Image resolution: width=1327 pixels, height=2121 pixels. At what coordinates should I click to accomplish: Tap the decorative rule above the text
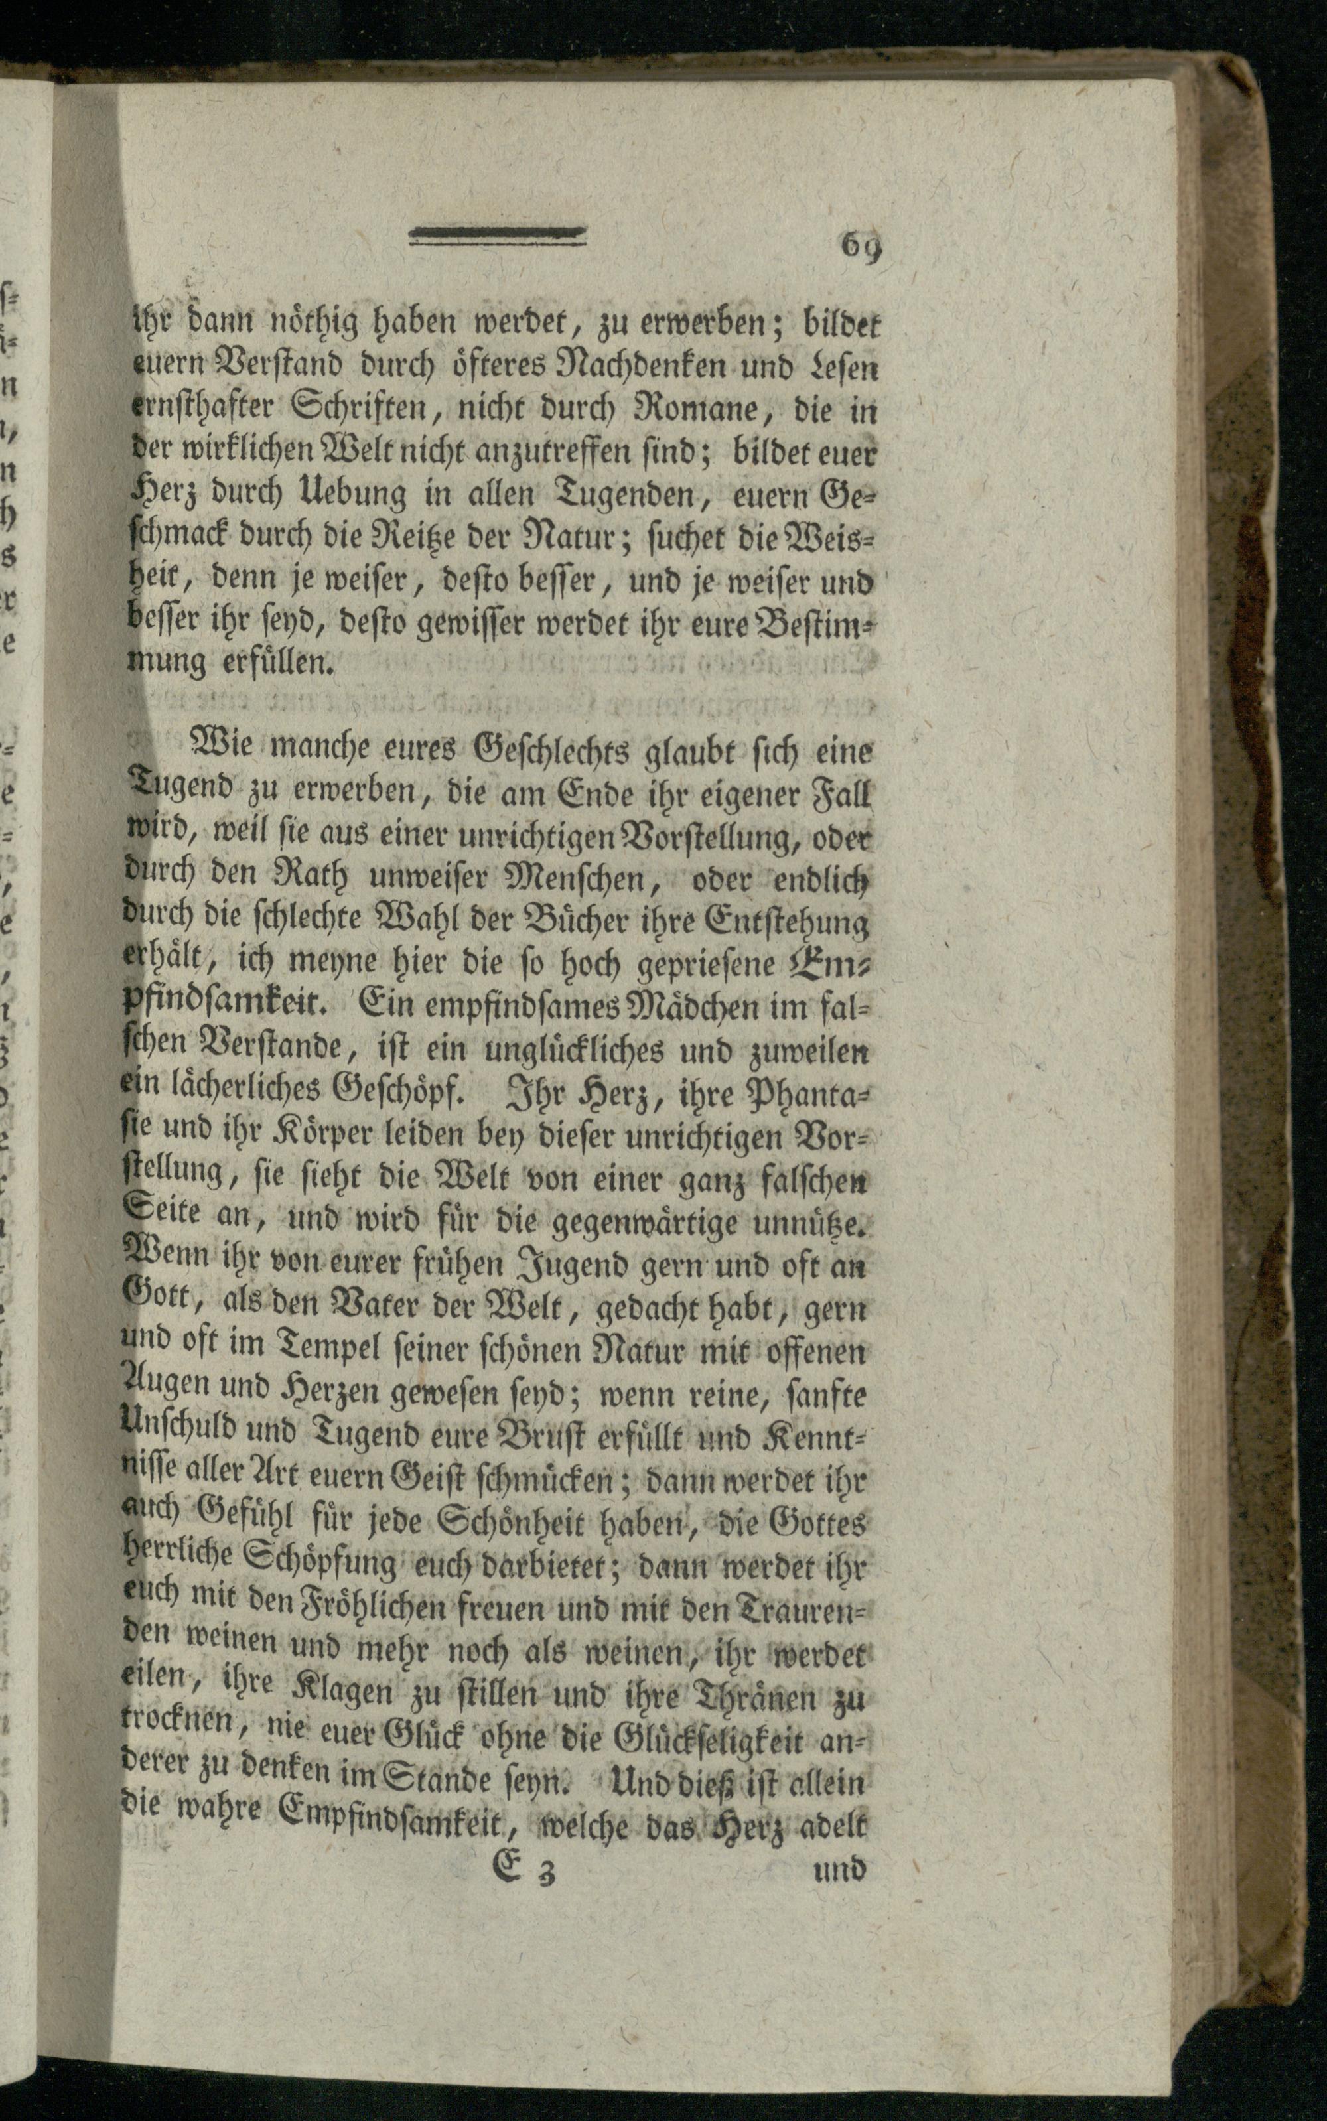click(x=498, y=234)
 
